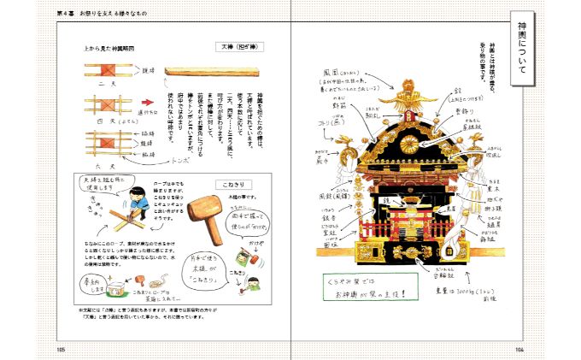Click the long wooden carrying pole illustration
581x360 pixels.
tap(202, 73)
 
